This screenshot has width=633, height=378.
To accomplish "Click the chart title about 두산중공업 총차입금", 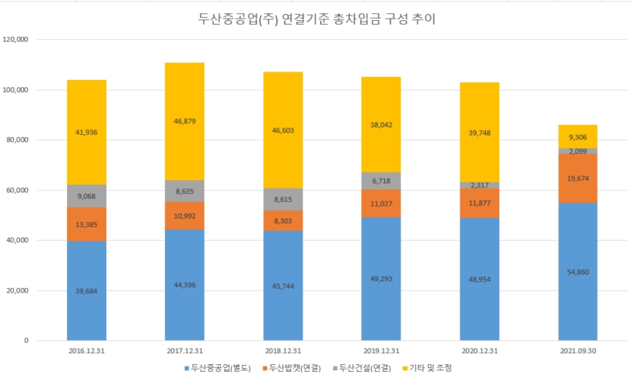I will point(316,19).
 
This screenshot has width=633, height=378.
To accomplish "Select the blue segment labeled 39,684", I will point(86,291).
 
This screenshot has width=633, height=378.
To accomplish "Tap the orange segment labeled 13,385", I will point(86,224).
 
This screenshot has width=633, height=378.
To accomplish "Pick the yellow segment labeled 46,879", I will point(184,122).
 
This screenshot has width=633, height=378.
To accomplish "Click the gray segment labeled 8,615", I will point(283,199).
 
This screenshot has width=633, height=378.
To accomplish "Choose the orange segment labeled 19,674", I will point(578,179).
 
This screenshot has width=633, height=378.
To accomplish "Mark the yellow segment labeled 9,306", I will point(578,136).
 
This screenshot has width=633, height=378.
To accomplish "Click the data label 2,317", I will point(480,185).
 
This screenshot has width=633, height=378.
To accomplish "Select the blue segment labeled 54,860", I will point(578,272).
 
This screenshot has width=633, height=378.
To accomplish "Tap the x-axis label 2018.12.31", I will point(283,351).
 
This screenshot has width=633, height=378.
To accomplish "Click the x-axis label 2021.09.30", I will point(578,351).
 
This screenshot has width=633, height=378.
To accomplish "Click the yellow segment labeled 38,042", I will point(381,124).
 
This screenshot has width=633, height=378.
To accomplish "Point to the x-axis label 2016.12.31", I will point(86,351).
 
